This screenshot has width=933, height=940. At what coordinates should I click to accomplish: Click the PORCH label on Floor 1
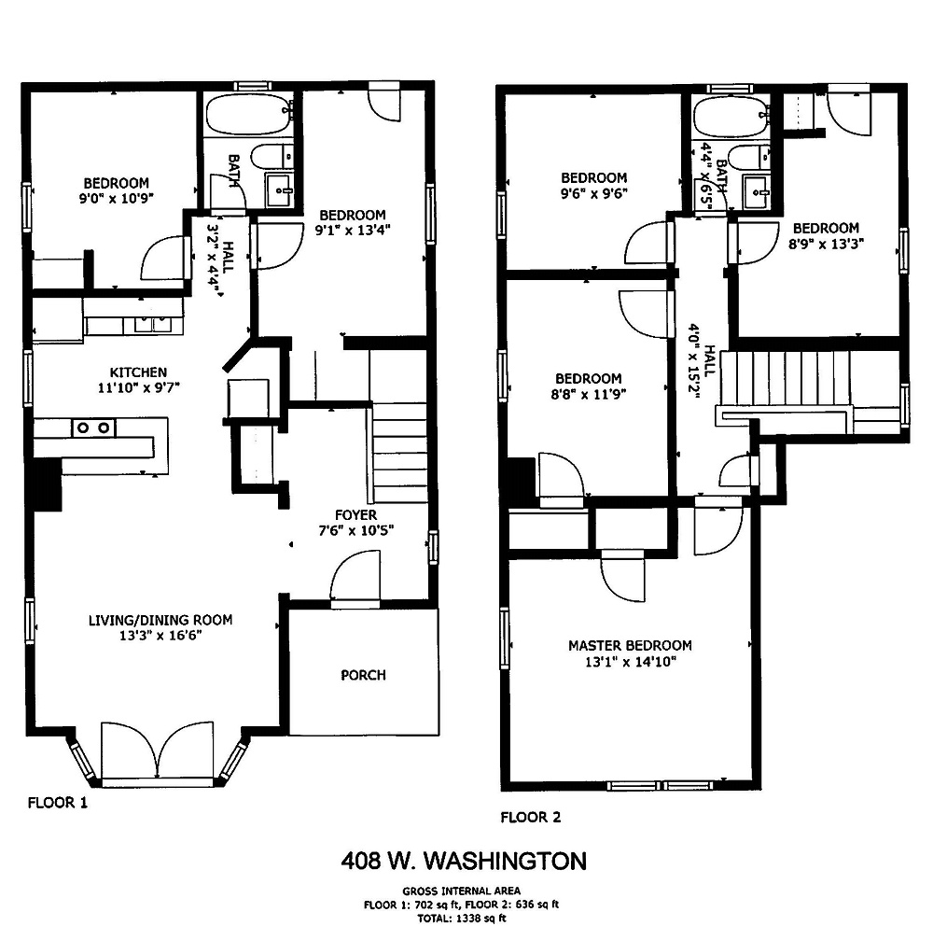(363, 675)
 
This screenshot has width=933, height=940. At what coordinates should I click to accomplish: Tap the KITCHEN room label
(138, 372)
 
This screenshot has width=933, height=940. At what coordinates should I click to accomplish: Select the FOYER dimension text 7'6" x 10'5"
(356, 530)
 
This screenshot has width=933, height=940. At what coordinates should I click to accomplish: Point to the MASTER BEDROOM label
(630, 646)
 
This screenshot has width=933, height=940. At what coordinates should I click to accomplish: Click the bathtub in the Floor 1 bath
(249, 114)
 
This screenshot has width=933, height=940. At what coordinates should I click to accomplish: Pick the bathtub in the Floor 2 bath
(731, 117)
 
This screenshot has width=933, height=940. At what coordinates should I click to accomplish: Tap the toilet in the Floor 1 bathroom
(272, 157)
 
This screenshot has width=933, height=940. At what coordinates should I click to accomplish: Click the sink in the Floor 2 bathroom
(757, 192)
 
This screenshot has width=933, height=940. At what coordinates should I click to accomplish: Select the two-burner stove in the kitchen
(94, 428)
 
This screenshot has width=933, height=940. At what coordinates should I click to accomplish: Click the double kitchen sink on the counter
(152, 324)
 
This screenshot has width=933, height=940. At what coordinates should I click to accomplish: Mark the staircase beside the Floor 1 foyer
(398, 454)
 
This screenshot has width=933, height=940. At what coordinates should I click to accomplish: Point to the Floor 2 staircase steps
(786, 378)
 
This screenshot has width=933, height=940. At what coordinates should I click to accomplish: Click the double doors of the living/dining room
(158, 752)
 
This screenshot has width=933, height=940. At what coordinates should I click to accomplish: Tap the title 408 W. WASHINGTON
(464, 861)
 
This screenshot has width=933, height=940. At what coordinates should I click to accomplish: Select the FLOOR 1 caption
(58, 803)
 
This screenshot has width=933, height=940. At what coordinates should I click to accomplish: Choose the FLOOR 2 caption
(531, 817)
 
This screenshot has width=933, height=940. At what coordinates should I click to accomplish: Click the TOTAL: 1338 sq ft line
(462, 918)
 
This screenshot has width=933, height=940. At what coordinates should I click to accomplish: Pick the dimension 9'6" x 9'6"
(593, 193)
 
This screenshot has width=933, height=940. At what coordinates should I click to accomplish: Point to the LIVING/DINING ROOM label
(160, 620)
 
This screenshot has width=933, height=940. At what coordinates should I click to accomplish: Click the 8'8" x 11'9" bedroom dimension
(588, 395)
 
